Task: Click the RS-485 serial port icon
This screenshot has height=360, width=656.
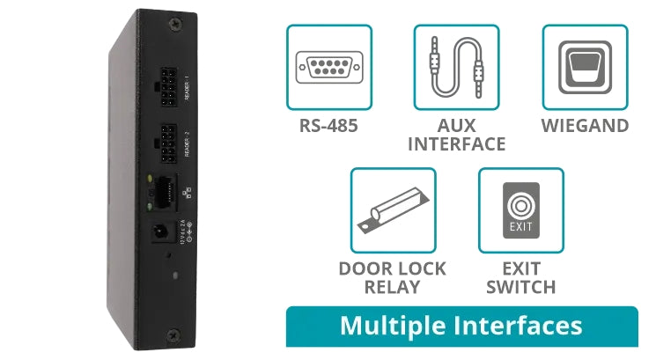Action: (x=328, y=68)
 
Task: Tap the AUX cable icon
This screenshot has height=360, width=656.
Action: (x=456, y=68)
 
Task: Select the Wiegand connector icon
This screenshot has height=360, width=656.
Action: (x=585, y=67)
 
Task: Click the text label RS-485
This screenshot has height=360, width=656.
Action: (x=328, y=126)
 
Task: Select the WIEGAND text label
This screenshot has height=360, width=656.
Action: (x=585, y=126)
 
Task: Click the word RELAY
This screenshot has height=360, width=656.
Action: (x=393, y=287)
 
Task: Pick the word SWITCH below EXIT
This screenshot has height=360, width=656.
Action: (x=520, y=287)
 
